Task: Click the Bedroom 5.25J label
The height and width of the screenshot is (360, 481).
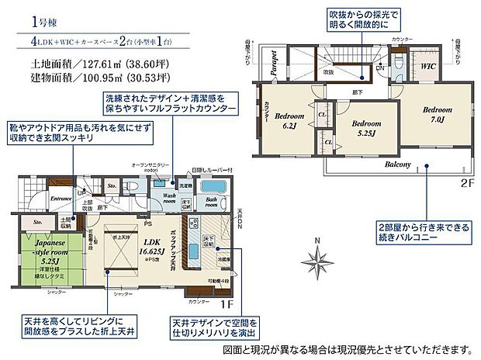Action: tap(366, 128)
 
